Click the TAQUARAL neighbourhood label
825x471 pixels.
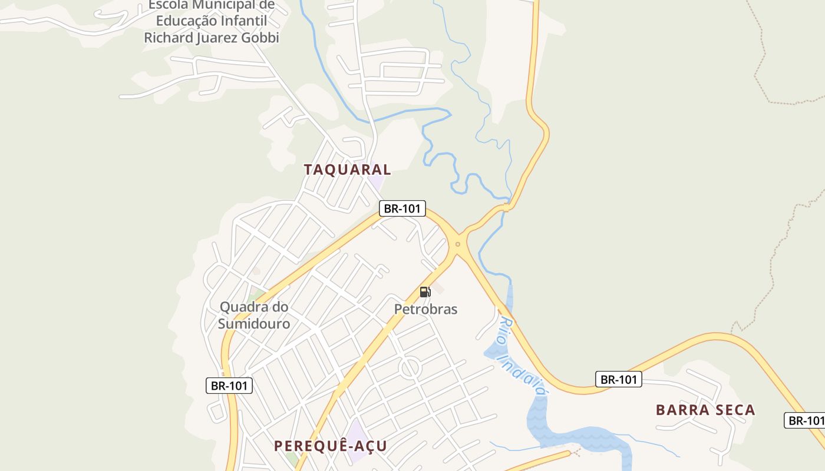click(347, 170)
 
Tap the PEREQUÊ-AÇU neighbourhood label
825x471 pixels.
click(330, 446)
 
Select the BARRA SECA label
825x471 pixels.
click(705, 410)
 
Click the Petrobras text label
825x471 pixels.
click(425, 309)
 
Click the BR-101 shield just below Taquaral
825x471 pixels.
click(402, 208)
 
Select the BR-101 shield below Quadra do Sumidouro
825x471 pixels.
click(229, 386)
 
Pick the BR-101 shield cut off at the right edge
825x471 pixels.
click(805, 420)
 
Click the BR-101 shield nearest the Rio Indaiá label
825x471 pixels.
click(618, 379)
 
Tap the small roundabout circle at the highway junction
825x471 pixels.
click(458, 244)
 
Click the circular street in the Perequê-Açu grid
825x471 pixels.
click(410, 368)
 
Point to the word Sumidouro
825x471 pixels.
click(254, 324)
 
